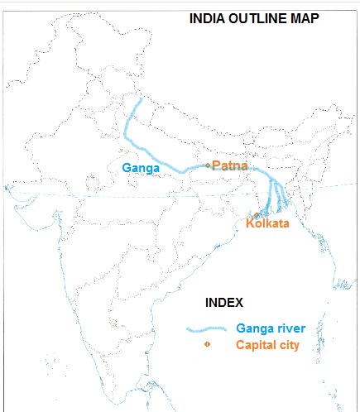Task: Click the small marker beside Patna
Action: [x=208, y=166]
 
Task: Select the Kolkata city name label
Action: [x=267, y=223]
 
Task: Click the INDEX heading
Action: [x=224, y=303]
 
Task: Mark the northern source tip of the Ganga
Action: [x=140, y=100]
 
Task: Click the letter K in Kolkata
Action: [x=251, y=223]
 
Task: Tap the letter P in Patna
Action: [x=216, y=166]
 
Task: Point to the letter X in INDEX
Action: [x=239, y=303]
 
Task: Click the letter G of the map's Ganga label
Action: [x=126, y=168]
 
